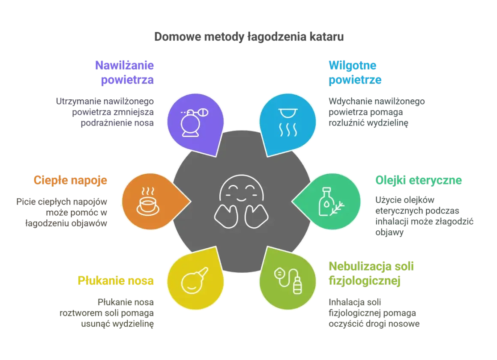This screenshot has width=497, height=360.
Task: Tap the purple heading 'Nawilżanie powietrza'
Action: point(124,72)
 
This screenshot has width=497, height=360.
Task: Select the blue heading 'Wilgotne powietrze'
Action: point(355,72)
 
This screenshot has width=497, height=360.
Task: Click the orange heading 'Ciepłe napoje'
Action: point(70,180)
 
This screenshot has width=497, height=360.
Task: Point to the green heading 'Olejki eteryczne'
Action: point(419,180)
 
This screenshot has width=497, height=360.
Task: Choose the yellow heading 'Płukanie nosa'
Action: point(116,280)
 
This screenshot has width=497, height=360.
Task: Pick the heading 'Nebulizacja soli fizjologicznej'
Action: point(371,273)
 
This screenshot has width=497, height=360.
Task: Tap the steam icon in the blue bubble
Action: point(288,122)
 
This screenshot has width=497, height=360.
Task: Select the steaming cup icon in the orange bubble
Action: point(148,201)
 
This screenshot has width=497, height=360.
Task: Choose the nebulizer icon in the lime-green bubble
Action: point(288,281)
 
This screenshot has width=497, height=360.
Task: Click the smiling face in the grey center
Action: point(242,202)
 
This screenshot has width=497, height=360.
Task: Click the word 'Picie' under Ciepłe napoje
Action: point(25,202)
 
